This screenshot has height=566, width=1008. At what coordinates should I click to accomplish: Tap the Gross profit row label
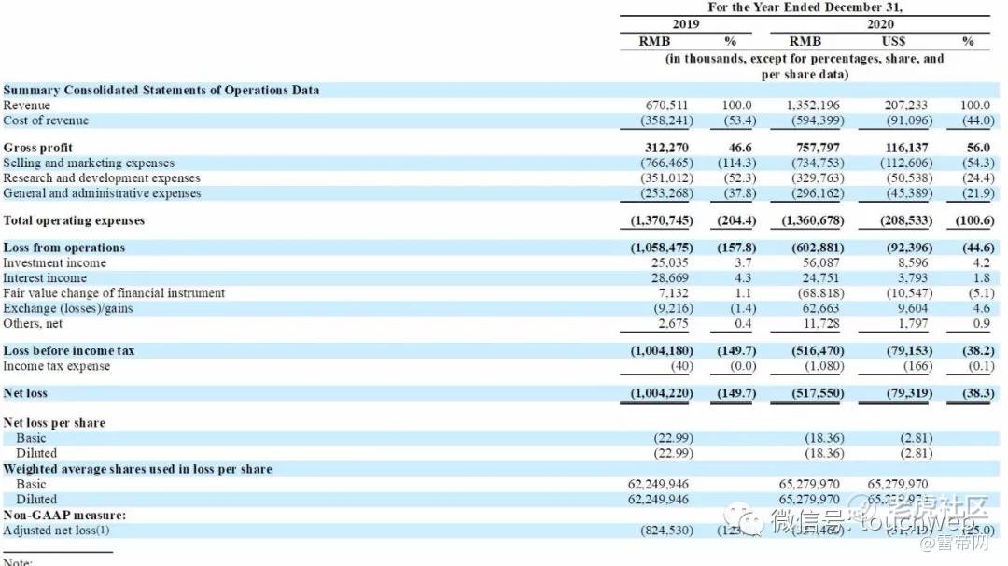click(x=37, y=148)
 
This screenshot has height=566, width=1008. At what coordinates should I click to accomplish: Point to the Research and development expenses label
click(x=102, y=177)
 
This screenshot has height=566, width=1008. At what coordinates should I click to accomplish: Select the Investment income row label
click(x=54, y=262)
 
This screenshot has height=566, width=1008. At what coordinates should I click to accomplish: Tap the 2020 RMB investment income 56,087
click(x=821, y=262)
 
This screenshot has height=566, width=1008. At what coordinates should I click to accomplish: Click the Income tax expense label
click(x=56, y=365)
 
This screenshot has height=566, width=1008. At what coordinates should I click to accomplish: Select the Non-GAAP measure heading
click(x=64, y=515)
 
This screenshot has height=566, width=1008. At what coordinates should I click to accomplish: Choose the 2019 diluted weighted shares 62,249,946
click(x=659, y=500)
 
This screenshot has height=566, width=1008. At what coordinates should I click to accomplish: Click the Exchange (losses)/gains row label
click(x=67, y=308)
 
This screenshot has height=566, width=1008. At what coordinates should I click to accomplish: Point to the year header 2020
click(x=880, y=24)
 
